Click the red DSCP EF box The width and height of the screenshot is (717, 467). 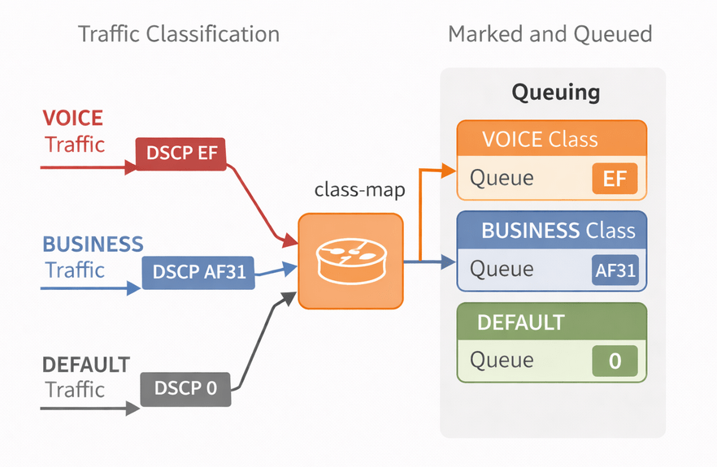pos(180,154)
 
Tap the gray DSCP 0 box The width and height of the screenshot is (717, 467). pos(186,388)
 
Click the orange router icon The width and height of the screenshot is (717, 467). pos(350,261)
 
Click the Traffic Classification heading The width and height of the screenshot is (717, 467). pos(178,34)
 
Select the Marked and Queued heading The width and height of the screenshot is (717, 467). pos(550,34)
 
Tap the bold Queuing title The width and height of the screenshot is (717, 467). pos(555,92)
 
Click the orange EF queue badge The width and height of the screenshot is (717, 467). pos(615,178)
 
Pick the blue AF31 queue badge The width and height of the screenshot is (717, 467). pos(615,270)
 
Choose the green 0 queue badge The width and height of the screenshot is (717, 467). pos(615,361)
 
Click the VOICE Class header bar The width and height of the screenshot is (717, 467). pos(551,139)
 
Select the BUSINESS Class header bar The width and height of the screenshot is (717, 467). pos(551,231)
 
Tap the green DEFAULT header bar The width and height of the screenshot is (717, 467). pos(551,322)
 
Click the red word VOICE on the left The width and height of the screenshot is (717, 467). pos(73,118)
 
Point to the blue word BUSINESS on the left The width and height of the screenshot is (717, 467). pos(93,244)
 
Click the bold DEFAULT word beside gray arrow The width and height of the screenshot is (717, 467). pos(85,364)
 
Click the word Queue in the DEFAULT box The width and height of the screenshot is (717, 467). pos(502,361)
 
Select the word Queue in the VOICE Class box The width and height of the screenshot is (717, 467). pos(502,178)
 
